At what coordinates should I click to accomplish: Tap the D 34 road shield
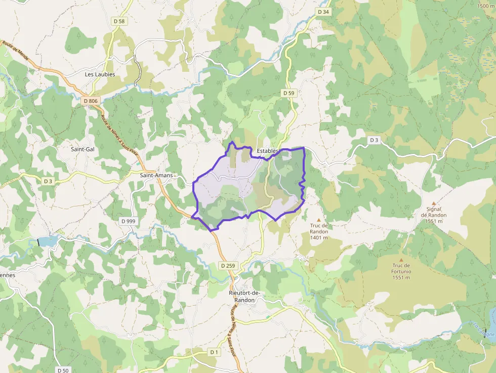coord(324,11)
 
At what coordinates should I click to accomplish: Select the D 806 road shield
coord(90,101)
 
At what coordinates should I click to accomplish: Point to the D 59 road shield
coord(288,93)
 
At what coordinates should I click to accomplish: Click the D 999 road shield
coord(129,221)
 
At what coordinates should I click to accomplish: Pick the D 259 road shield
coord(228,265)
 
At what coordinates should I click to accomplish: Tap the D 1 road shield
coord(214,352)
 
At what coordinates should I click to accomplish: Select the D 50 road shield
coord(63,370)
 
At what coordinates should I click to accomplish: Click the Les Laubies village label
coord(100,74)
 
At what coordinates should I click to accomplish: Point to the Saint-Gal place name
coord(83,149)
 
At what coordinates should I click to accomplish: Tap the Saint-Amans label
coord(156,175)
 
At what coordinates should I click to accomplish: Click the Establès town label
coord(268,151)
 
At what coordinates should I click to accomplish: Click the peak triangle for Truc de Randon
coord(318,220)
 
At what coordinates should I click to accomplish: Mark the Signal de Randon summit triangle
coord(434,203)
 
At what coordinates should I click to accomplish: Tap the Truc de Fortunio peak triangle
coord(401,260)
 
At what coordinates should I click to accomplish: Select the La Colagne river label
coord(483,329)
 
